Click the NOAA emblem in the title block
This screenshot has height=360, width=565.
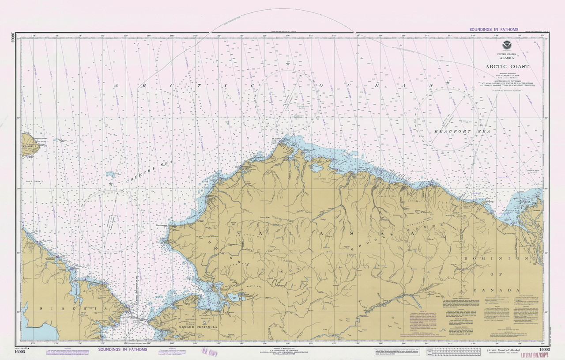(x=506, y=45)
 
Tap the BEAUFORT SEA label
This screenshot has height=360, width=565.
(x=452, y=132)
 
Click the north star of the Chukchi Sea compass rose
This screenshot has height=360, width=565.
(x=110, y=184)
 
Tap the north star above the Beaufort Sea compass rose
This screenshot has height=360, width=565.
(x=447, y=82)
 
